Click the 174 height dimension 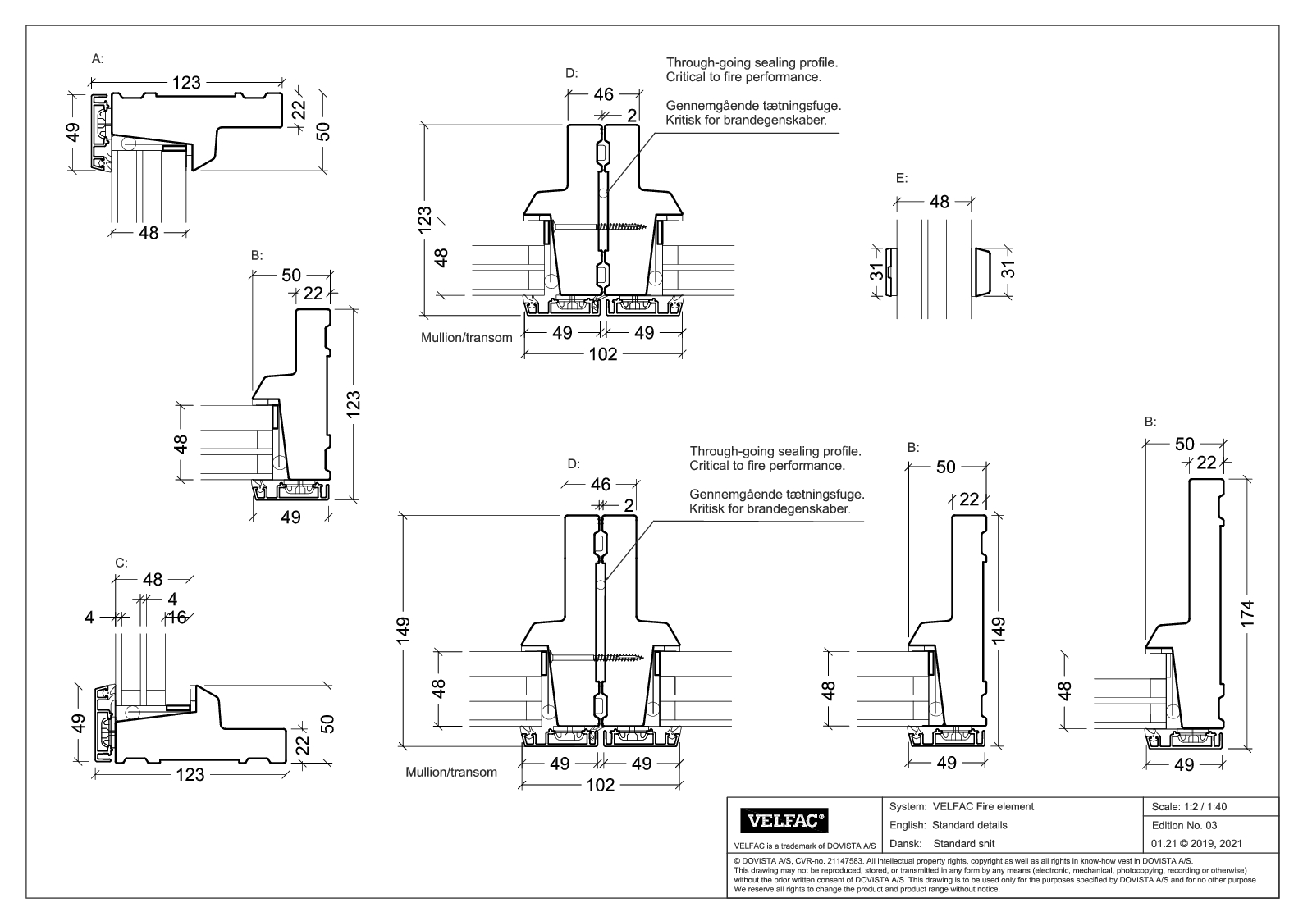point(1248,613)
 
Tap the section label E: point(901,178)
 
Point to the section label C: point(121,563)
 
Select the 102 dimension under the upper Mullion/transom point(603,354)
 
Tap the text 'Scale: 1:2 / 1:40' point(1190,806)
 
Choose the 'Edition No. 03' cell point(1184,825)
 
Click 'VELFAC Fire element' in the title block point(983,806)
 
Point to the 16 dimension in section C point(177,618)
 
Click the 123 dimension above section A point(186,83)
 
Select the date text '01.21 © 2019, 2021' point(1196,843)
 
